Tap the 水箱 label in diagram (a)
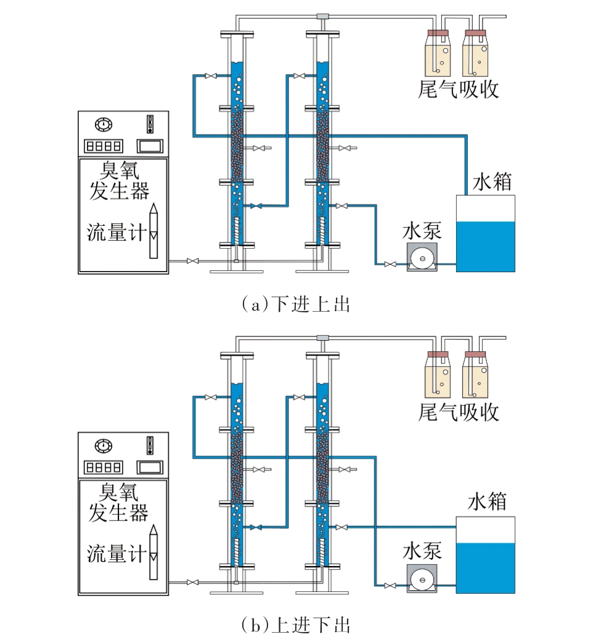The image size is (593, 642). click(x=492, y=183)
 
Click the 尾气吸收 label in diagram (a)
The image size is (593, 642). click(x=458, y=90)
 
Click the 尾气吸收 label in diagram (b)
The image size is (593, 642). click(x=458, y=412)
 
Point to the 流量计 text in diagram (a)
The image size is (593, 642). click(x=116, y=232)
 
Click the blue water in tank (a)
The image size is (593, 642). click(x=485, y=246)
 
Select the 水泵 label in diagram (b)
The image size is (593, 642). click(x=422, y=551)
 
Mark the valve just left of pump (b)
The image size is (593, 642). click(x=390, y=585)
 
